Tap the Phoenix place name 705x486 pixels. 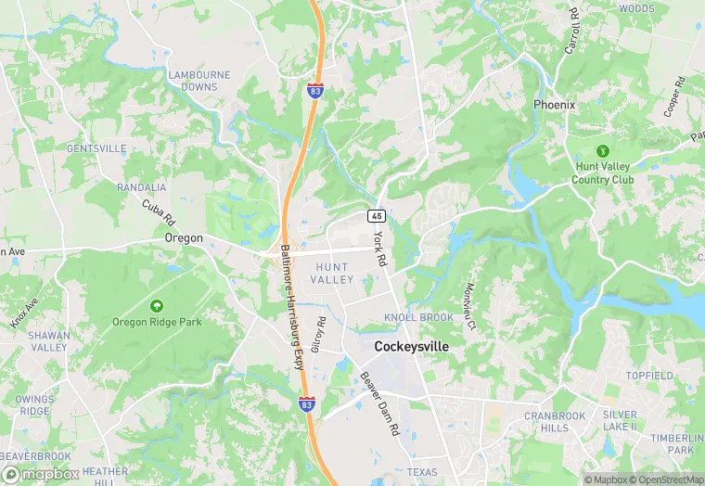(554, 105)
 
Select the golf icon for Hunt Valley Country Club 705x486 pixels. (604, 151)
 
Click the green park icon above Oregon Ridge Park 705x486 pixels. (156, 305)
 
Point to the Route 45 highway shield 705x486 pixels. (376, 215)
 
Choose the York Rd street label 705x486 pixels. (378, 249)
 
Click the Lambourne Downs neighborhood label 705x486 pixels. (193, 81)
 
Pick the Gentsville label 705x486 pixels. (96, 148)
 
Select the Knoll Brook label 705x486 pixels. (418, 317)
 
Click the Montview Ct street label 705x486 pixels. (470, 307)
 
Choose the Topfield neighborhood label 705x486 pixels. (648, 376)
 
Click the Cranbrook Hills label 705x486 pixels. (555, 422)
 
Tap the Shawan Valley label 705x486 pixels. (48, 341)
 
